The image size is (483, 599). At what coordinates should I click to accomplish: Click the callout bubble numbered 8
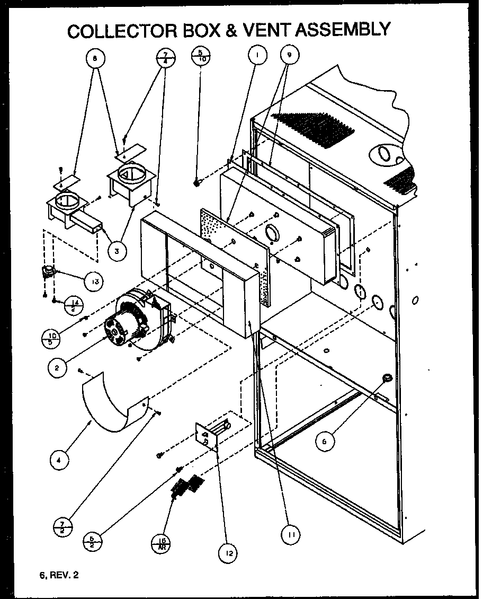(x=94, y=60)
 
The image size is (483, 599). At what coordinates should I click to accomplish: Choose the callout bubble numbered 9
(x=289, y=54)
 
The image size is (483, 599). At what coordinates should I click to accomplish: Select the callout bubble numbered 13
(x=93, y=281)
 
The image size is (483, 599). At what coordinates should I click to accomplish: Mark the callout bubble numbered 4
(x=59, y=461)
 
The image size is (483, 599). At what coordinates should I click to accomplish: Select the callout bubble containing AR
(x=160, y=543)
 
